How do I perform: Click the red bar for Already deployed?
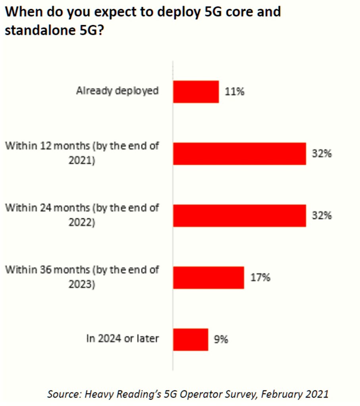(196, 92)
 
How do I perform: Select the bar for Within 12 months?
(239, 154)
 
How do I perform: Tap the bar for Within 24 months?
(239, 216)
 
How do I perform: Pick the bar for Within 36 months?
(208, 277)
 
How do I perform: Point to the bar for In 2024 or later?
(191, 339)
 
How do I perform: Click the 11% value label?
(234, 92)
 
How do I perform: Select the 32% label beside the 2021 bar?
(321, 154)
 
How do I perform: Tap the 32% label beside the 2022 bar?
(321, 216)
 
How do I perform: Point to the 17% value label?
(260, 277)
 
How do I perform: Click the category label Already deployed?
(117, 91)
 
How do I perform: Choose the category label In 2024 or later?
(123, 339)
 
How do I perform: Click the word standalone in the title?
(39, 30)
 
